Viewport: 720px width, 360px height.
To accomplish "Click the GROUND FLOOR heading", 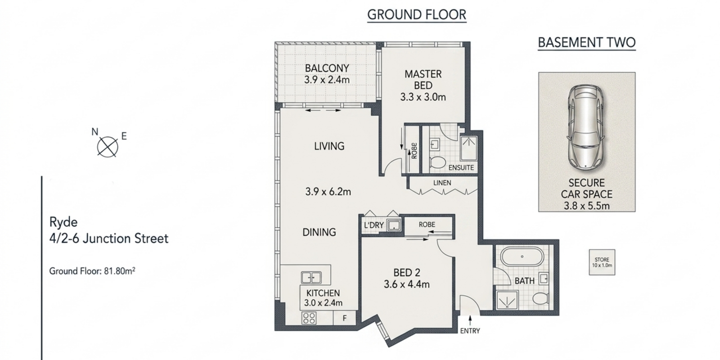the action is [x=417, y=15].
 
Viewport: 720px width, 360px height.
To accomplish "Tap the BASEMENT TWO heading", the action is [x=587, y=43].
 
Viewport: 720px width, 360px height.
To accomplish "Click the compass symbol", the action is [x=108, y=147].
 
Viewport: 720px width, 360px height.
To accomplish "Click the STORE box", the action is [x=602, y=262].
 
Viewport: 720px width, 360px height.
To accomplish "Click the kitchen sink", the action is [x=311, y=277].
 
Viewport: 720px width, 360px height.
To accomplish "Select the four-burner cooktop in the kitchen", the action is [x=309, y=318].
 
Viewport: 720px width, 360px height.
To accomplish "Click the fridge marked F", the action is [x=345, y=318].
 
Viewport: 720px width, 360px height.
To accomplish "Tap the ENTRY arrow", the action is [x=470, y=320].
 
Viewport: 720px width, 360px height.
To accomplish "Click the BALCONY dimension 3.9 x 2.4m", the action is [x=327, y=80].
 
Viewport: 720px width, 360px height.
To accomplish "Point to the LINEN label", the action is [x=442, y=183].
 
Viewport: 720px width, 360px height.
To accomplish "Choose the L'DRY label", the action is [x=374, y=225].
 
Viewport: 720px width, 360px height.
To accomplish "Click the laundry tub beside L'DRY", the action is [x=394, y=225].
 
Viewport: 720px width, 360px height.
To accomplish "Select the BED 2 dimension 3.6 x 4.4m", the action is [x=407, y=284].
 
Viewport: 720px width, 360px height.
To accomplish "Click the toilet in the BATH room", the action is [x=540, y=299].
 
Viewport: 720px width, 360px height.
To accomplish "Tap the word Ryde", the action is [x=63, y=222].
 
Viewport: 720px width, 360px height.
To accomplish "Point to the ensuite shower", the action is [x=468, y=148].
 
